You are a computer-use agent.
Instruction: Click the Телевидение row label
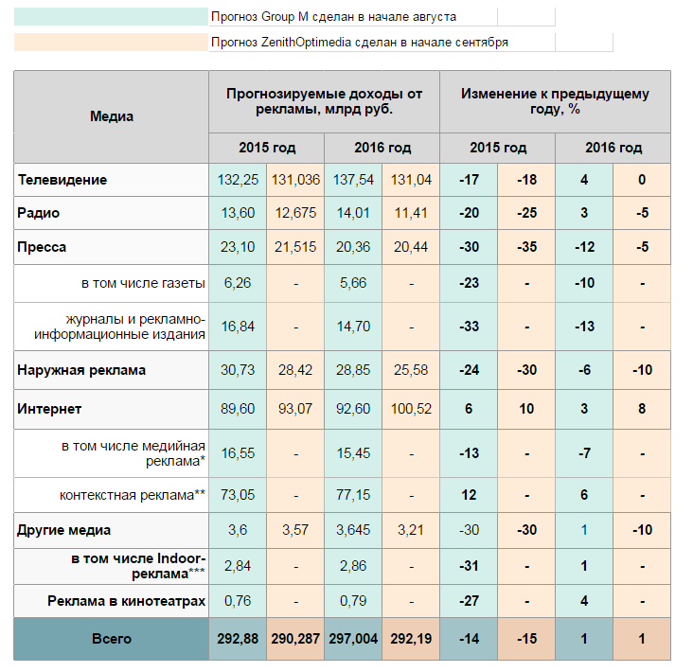(62, 180)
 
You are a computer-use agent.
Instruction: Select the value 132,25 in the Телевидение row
(238, 180)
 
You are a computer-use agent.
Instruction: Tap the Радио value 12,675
(295, 213)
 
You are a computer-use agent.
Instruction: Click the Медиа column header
(112, 116)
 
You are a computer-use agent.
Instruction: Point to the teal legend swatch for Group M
(111, 16)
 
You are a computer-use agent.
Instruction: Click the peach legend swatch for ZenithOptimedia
(111, 42)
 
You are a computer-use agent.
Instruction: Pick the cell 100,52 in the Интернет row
(411, 409)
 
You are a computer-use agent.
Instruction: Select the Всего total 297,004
(353, 639)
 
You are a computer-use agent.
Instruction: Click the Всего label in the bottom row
(112, 639)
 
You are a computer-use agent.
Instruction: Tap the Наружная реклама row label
(81, 370)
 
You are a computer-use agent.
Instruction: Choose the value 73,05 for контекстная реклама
(238, 495)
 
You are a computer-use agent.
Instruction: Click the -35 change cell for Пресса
(526, 246)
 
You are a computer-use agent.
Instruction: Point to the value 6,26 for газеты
(238, 283)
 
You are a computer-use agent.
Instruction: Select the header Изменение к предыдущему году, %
(555, 101)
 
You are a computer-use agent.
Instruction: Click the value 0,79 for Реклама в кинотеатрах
(353, 601)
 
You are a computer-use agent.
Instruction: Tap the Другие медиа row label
(63, 530)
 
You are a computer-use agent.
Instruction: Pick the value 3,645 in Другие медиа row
(353, 530)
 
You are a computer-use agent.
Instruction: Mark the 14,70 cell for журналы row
(353, 327)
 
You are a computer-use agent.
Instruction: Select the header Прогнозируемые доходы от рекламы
(325, 101)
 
